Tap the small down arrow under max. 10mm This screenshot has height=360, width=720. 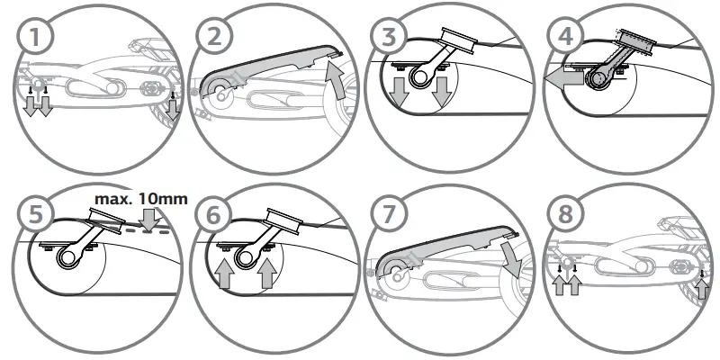point(149,218)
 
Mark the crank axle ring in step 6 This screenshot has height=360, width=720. point(241,259)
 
